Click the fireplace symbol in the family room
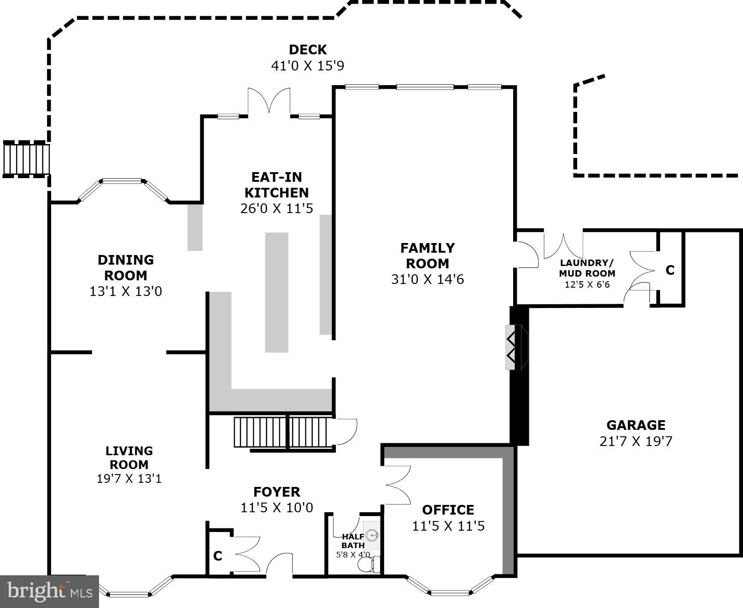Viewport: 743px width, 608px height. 516,347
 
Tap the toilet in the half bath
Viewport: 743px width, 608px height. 368,565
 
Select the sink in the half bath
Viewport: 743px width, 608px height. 372,535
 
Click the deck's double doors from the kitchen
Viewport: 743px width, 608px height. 269,101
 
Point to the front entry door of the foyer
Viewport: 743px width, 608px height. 279,564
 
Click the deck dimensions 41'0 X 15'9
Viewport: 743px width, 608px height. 307,65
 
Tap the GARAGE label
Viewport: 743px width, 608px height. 636,425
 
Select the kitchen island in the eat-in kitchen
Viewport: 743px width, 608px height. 276,292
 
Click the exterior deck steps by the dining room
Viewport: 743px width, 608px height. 26,159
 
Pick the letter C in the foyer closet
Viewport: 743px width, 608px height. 218,556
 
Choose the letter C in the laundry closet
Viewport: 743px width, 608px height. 670,270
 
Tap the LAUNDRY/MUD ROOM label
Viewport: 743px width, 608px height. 587,268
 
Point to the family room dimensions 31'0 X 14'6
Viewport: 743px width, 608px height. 427,279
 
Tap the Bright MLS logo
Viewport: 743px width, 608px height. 49,591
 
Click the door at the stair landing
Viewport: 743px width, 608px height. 346,431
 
